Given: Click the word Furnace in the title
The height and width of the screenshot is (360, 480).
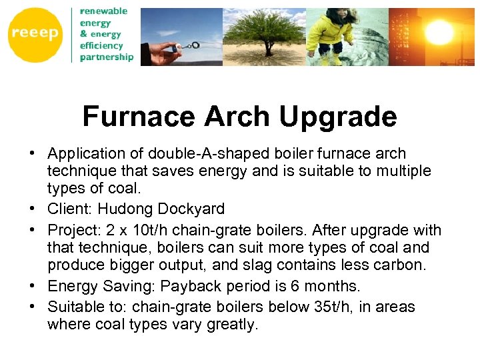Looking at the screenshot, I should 139,117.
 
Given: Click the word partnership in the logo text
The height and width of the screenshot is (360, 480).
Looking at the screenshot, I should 107,58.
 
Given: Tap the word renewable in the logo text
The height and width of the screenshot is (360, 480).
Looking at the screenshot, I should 103,11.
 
